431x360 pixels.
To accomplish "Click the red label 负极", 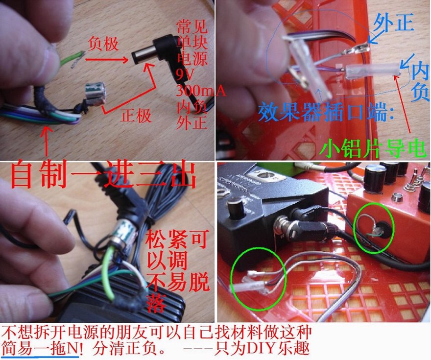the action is (x=103, y=44).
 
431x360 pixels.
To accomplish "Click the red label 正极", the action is (x=136, y=115).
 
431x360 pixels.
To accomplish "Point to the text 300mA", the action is (x=201, y=91).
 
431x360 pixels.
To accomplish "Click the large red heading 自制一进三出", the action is (x=103, y=175).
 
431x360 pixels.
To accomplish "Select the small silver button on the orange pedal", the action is (x=396, y=196).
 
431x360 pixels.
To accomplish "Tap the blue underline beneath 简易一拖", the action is (x=40, y=357).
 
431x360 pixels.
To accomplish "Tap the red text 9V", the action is (x=186, y=73).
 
